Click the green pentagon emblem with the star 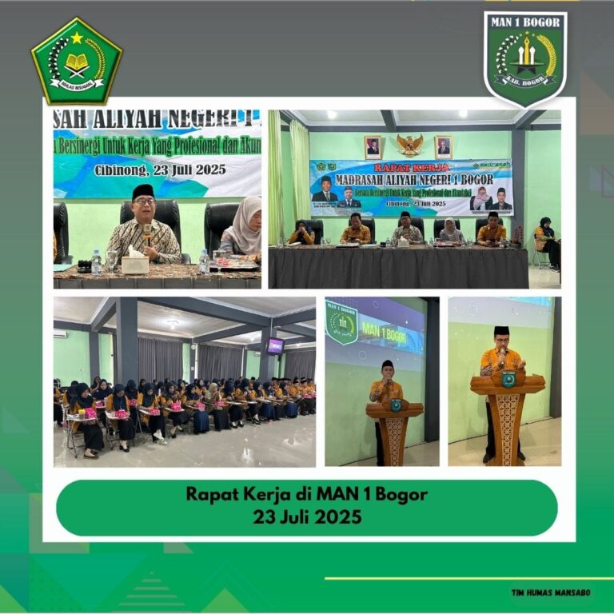77,62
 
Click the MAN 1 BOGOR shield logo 525,58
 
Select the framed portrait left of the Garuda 373,147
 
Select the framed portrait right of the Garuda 444,147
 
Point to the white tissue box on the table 135,264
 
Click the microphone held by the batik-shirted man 147,233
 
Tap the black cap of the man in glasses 143,191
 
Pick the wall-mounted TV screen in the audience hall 275,345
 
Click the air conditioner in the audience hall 60,334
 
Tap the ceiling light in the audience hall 172,322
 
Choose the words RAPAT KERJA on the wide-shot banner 412,168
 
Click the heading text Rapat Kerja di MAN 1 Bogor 307,494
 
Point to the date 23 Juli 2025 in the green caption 307,517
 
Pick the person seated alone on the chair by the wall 548,241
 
